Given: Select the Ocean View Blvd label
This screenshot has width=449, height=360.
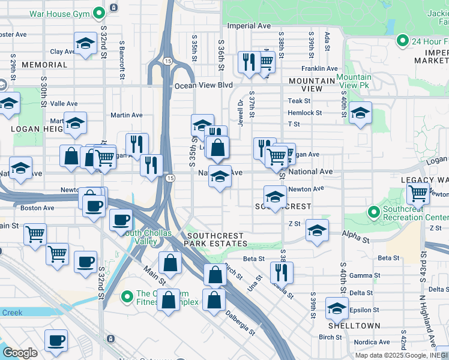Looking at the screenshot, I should pyautogui.click(x=203, y=85).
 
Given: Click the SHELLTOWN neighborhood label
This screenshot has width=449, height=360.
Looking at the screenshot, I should pyautogui.click(x=354, y=326).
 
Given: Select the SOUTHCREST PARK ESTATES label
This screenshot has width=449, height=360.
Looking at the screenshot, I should pyautogui.click(x=215, y=239).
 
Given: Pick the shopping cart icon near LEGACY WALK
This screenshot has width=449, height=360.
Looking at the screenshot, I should pyautogui.click(x=418, y=193).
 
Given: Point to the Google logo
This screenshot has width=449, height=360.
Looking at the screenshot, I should pyautogui.click(x=20, y=353).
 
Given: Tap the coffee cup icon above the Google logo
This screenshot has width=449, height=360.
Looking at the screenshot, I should pyautogui.click(x=56, y=340).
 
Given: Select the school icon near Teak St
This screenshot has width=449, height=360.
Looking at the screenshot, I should pyautogui.click(x=360, y=112).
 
